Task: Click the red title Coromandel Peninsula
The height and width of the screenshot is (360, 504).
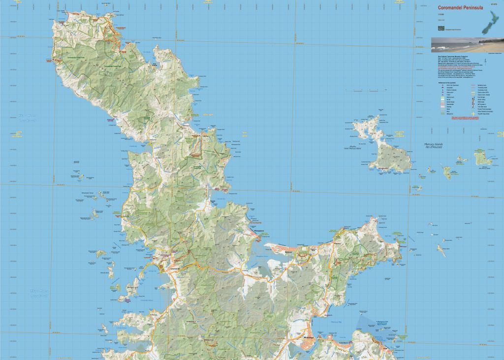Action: click(460, 7)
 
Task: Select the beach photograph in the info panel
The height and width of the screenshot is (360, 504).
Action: click(467, 45)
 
